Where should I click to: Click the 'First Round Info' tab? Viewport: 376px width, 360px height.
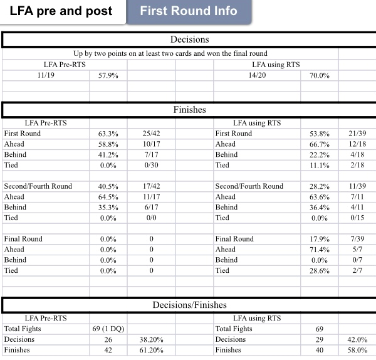click(189, 11)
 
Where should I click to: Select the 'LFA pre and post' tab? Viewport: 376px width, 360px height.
click(61, 11)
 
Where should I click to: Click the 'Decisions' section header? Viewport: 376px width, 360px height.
click(189, 40)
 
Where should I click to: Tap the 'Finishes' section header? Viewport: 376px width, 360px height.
click(189, 110)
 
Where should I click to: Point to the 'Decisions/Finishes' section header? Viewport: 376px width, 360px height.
click(189, 305)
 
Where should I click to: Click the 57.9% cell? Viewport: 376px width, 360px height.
click(108, 75)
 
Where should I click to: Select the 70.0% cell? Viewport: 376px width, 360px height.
click(320, 75)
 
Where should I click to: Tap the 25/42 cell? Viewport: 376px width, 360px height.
click(150, 134)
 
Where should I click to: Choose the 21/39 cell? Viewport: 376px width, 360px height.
click(357, 134)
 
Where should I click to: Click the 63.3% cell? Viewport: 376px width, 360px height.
click(108, 134)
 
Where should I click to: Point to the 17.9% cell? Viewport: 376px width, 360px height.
click(320, 239)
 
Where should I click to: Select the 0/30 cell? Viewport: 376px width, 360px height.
click(150, 166)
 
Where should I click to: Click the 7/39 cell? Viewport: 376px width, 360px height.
click(357, 239)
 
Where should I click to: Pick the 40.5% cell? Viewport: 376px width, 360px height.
click(108, 186)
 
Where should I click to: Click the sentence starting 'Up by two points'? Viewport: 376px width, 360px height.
click(170, 54)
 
